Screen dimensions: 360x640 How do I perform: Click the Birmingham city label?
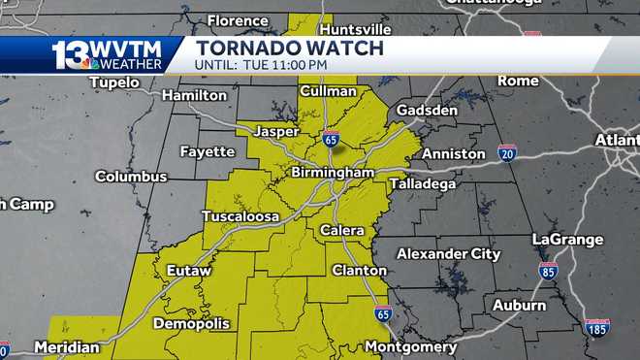[333, 173]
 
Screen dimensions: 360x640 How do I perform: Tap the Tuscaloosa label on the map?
[240, 216]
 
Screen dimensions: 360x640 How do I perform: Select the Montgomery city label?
[411, 346]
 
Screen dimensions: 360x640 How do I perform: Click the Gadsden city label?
[427, 111]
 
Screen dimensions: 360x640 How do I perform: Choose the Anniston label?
[454, 153]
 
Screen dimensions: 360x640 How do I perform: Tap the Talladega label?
[422, 183]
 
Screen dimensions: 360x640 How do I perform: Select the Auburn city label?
[519, 305]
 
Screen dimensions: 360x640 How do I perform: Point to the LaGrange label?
[567, 240]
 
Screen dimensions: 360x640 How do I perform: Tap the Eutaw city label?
[188, 270]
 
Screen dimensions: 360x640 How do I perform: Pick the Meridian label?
[67, 346]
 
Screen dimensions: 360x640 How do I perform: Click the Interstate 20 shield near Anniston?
[507, 152]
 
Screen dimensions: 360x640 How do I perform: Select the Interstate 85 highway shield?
[549, 271]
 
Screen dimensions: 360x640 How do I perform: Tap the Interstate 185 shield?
[597, 327]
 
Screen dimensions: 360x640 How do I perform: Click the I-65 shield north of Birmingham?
[332, 139]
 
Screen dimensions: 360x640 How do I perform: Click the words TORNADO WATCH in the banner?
[289, 48]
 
